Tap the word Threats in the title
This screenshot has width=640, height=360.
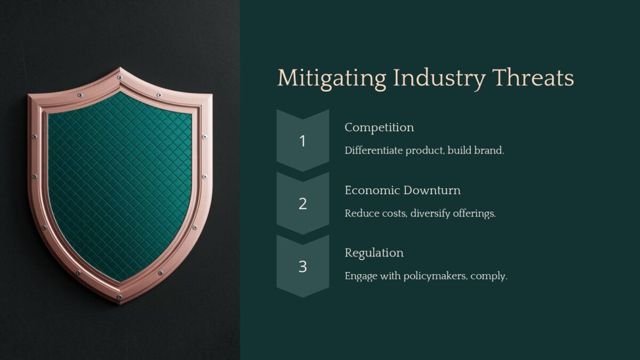point(533,78)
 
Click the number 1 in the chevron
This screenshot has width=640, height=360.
point(302,141)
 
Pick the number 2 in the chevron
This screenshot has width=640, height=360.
point(302,204)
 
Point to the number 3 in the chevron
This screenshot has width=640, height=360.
point(302,267)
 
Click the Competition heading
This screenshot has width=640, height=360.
point(379,127)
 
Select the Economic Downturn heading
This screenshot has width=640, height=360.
point(402,190)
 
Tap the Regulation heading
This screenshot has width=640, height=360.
point(374,253)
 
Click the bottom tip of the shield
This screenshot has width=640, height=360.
point(120,302)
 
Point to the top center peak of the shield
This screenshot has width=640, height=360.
point(120,69)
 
